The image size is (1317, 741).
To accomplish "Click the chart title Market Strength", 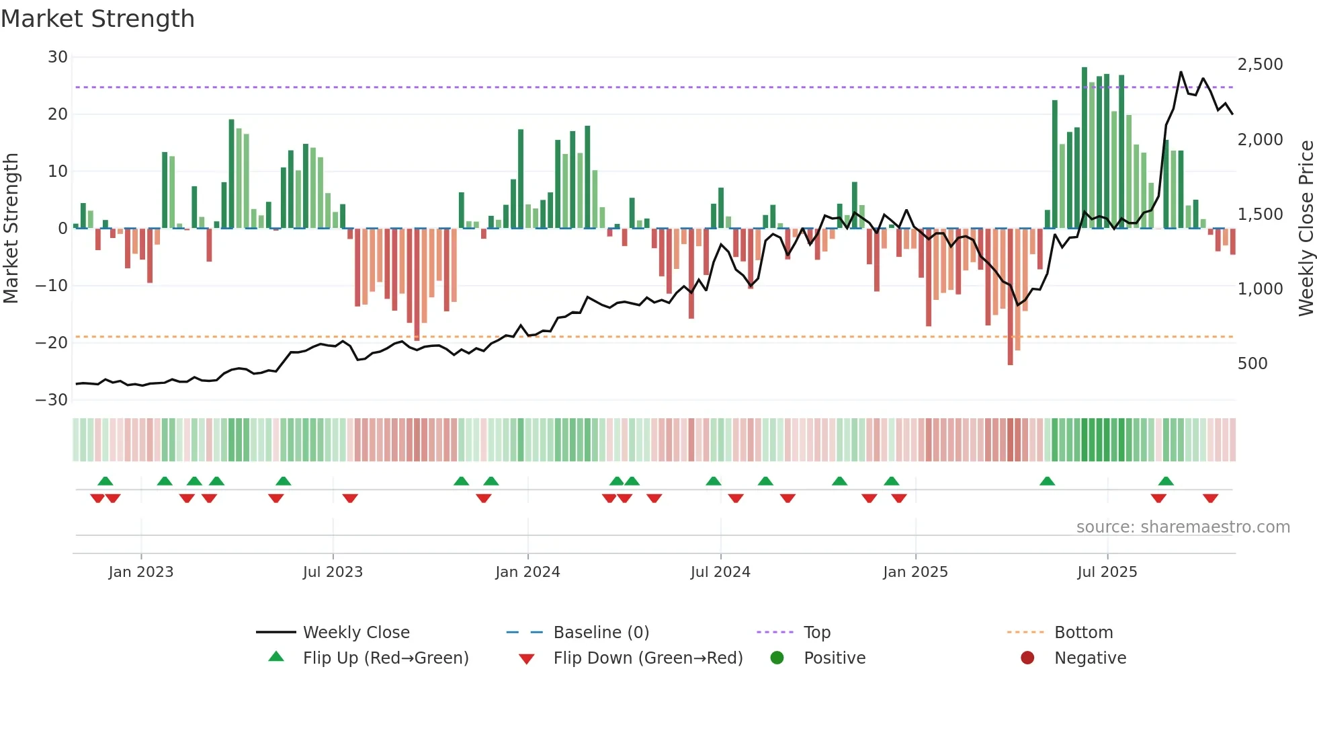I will pos(97,19).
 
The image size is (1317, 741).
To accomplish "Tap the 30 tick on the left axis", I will pos(58,57).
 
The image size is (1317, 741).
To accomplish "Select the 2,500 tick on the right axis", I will pos(1260,65).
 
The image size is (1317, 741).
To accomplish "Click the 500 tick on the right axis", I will pos(1252,364).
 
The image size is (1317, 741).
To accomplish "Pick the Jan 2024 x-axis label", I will pos(527,572).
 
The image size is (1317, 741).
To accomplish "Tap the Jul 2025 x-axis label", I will pos(1107,572).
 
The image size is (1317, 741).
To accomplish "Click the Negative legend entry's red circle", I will pos(1027,658).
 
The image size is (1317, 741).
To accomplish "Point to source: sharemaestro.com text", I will pos(1183,527).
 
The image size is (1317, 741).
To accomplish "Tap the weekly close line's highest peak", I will pos(1181,72).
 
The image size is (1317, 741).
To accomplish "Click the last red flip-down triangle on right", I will pos(1210,498).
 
